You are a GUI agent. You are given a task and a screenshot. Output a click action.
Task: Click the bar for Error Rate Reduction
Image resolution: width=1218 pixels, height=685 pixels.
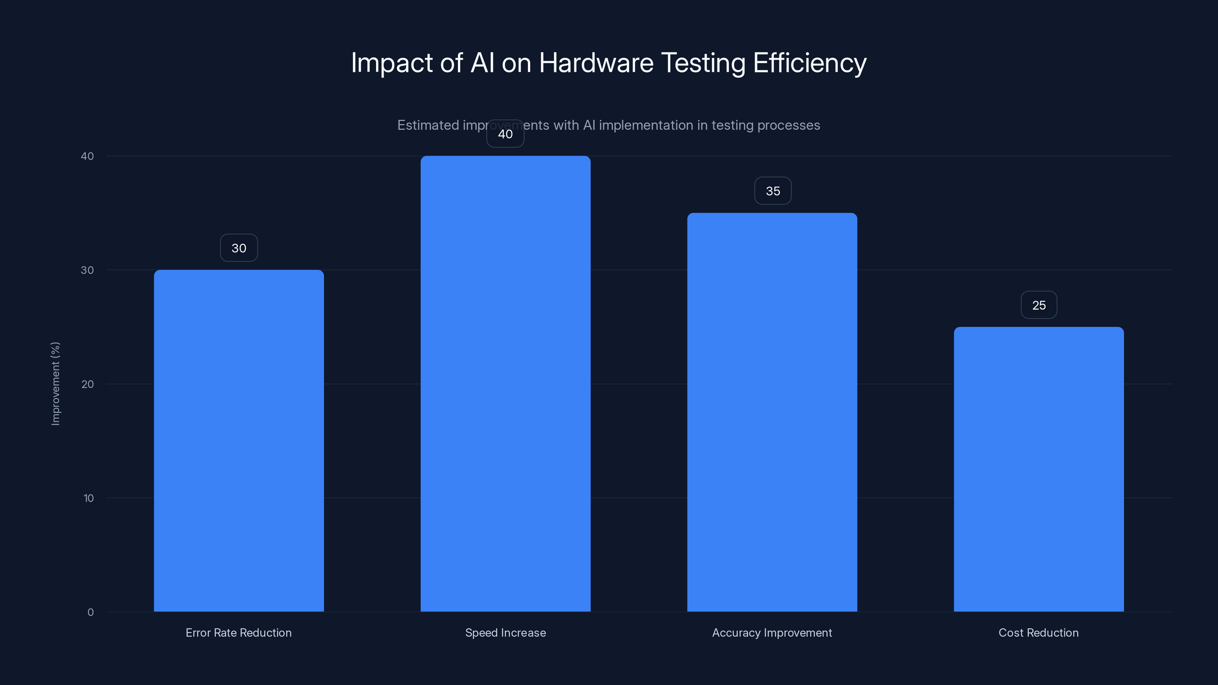tap(239, 441)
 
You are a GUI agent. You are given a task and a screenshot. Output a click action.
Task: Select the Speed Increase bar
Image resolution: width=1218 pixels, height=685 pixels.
tap(505, 384)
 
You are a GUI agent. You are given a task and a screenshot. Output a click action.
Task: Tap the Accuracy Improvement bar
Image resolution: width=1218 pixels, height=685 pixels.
tap(772, 412)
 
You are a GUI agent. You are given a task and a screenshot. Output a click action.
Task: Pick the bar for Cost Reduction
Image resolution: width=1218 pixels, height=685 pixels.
tap(1039, 469)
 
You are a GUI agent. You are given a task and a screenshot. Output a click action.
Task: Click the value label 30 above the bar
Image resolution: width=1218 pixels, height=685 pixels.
tap(239, 248)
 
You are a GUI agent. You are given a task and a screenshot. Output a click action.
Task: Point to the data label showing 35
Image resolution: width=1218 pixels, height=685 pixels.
tap(773, 191)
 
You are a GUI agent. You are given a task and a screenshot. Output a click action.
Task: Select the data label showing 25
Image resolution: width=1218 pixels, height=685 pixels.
tap(1039, 305)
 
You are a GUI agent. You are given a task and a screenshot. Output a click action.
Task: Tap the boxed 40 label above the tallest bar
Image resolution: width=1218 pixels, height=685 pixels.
tap(505, 134)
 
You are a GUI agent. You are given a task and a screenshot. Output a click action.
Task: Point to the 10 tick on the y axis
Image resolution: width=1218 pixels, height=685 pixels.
tap(88, 498)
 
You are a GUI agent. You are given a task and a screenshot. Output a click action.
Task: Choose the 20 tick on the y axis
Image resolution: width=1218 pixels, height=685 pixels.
tap(88, 384)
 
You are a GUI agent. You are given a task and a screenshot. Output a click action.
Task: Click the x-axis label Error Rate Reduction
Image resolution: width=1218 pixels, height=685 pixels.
tap(238, 633)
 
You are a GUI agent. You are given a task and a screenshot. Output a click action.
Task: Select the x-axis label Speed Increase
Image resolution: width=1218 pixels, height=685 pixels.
tap(505, 633)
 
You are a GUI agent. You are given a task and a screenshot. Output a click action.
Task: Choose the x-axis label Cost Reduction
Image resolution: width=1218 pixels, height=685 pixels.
tap(1038, 633)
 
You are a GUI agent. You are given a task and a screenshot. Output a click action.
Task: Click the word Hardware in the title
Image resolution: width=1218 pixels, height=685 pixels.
tap(596, 63)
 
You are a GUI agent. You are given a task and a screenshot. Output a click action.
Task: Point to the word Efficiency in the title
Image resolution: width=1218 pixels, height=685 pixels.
tap(810, 63)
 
